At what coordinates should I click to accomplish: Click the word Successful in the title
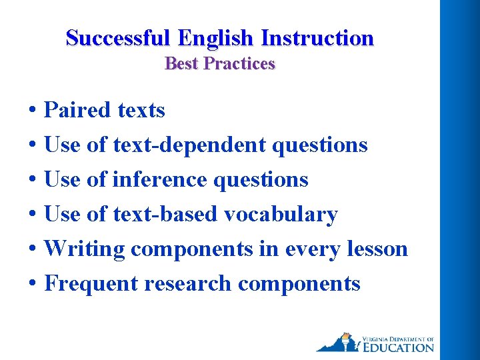(x=117, y=38)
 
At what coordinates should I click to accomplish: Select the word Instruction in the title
(x=317, y=38)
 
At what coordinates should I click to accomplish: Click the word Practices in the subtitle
(x=239, y=64)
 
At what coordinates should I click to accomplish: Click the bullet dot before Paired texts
(x=32, y=111)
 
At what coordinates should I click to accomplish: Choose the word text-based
(x=165, y=214)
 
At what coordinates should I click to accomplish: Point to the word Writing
(x=84, y=249)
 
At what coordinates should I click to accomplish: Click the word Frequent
(x=91, y=283)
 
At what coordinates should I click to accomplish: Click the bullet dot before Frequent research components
(x=32, y=284)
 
